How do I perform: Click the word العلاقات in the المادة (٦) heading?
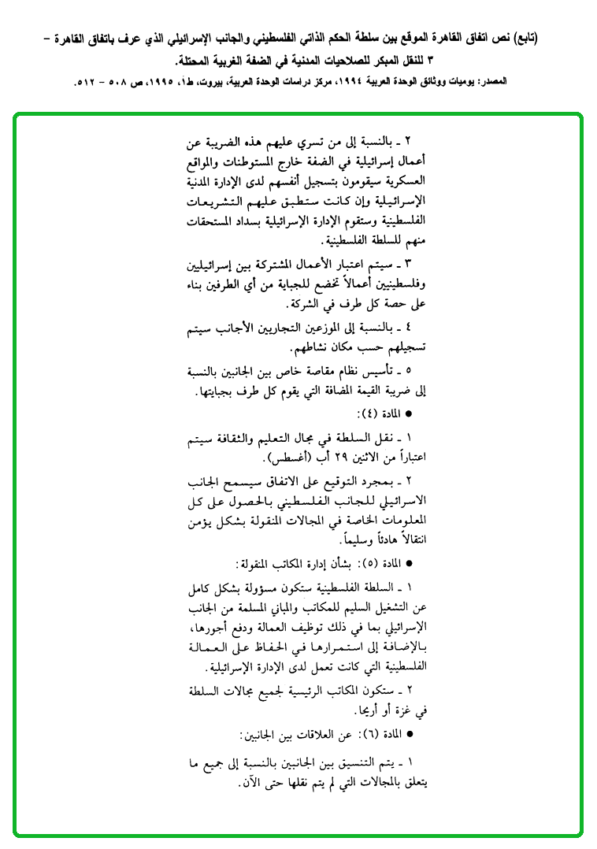(x=315, y=733)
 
